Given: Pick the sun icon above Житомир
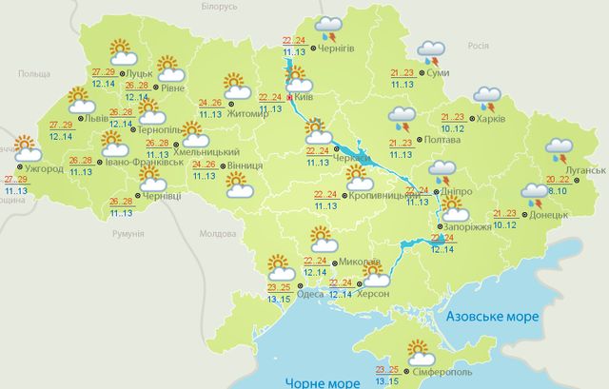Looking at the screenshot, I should (235, 85).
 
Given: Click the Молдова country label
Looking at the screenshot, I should (218, 233).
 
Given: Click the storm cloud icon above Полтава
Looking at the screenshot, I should (402, 120).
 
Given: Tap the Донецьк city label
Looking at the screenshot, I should (550, 215).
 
